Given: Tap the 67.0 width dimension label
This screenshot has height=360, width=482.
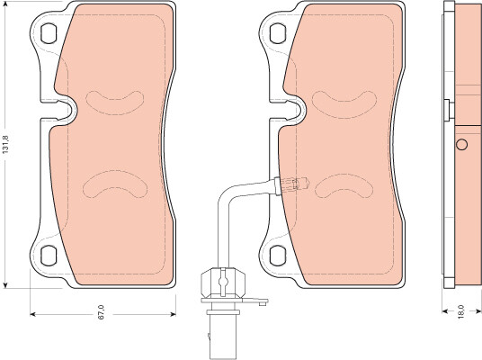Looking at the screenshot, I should (x=102, y=312).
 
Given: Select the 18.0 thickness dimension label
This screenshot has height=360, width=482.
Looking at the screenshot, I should (x=460, y=311).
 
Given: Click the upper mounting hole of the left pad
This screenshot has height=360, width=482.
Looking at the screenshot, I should (x=49, y=33).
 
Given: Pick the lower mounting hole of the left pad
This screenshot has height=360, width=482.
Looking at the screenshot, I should (x=49, y=256).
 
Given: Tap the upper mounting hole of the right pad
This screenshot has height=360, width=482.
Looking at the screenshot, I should (x=279, y=33).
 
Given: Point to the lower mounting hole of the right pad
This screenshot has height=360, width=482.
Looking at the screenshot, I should (x=279, y=256).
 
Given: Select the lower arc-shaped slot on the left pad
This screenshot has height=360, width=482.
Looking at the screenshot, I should (x=115, y=184).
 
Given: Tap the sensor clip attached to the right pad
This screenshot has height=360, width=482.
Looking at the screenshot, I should (x=293, y=186).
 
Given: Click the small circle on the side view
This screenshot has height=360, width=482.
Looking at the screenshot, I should (x=461, y=145).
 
